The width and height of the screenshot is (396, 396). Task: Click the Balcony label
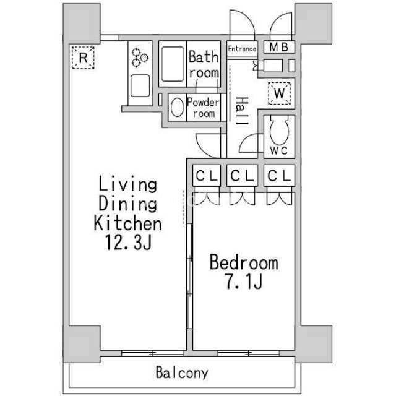coord(182,372)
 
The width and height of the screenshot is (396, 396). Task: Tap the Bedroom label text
coord(244,262)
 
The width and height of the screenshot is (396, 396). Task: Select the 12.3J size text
coord(128,243)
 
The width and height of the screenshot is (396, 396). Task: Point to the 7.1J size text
coord(244,282)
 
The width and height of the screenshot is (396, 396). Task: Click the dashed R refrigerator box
coord(83,58)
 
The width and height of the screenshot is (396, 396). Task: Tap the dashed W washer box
coord(279,93)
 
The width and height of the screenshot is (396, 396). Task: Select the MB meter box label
coord(279,47)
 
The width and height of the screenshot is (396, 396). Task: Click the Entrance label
coord(242,49)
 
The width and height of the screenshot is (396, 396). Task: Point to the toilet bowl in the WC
coord(279,130)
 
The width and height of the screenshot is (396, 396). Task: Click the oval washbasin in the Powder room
coord(178,107)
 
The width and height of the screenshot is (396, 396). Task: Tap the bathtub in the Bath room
coord(173,64)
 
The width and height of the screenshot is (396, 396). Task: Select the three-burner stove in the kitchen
coord(140,58)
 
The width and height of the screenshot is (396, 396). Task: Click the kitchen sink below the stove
coord(140,86)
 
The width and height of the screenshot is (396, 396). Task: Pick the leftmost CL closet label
coord(207,176)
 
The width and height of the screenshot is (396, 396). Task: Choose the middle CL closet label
coord(242,176)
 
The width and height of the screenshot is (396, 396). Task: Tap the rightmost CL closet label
coord(279,176)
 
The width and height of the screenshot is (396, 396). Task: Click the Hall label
coord(242,111)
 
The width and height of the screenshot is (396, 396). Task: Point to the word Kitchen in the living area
coord(128,223)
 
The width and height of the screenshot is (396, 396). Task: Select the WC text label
coord(279,151)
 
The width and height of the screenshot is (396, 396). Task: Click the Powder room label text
coord(204,108)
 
